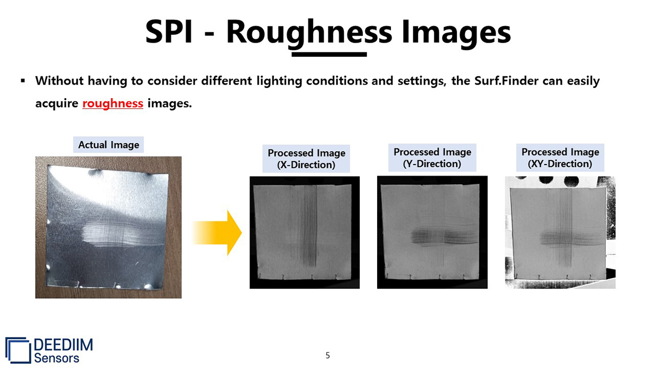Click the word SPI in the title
pos(169,32)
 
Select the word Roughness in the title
pos(309,33)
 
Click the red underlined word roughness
pos(113,104)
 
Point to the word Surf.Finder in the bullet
pos(506,81)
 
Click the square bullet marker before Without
pos(23,81)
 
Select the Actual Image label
pos(109,144)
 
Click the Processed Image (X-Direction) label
pos(306,159)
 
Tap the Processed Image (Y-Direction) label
pos(432,158)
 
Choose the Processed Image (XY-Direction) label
pos(560,158)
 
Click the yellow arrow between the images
pos(217,233)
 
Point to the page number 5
pos(327,355)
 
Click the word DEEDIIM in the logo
pos(63,345)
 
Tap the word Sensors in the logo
pos(57,358)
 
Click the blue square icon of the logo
pos(18,350)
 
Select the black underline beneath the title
pos(329,55)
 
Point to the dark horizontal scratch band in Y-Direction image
pos(444,237)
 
